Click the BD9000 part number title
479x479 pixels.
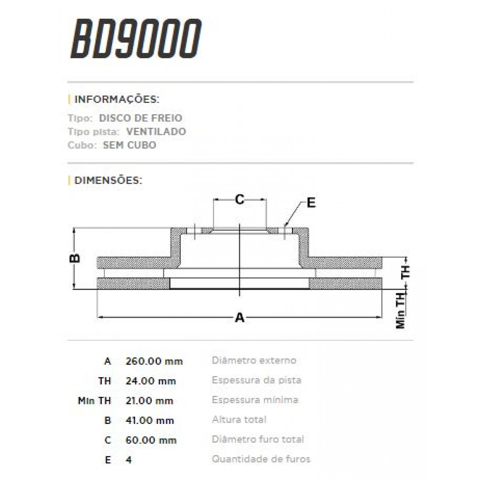tap(136, 39)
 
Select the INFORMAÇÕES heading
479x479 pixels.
tap(117, 99)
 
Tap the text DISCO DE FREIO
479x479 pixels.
tap(141, 118)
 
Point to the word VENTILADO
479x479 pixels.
tap(156, 132)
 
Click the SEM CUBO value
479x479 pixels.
tap(129, 145)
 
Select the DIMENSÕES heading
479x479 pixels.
tap(108, 180)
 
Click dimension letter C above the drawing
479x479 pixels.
tap(239, 199)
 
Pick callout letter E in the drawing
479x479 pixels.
tap(311, 203)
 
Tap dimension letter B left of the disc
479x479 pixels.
tap(75, 258)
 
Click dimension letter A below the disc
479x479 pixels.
tap(239, 318)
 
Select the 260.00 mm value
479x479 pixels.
tap(154, 361)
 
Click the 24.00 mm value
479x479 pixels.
tap(151, 381)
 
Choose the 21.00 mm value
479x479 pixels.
tap(149, 400)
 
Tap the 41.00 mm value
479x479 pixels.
tap(150, 420)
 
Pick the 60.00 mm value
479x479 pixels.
tap(151, 440)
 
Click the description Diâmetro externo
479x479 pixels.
tap(254, 360)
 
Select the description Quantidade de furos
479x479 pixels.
tap(261, 459)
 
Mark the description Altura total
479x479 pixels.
tap(239, 420)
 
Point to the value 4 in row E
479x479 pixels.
tap(129, 460)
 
